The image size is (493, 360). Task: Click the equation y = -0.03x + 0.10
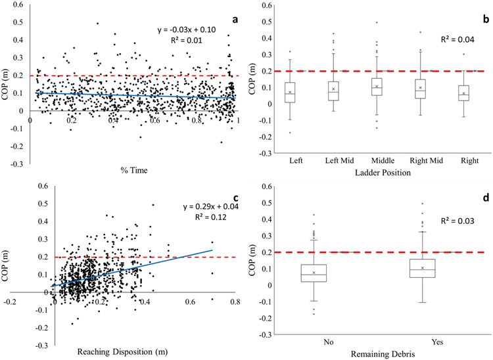tap(192, 30)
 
